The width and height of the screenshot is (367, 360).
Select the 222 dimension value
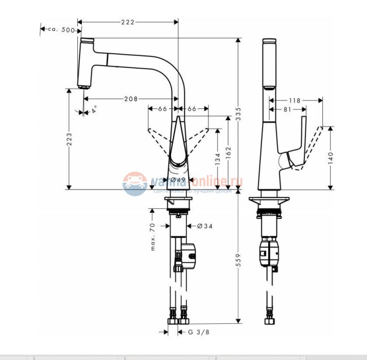click(x=128, y=21)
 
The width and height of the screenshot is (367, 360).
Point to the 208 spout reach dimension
click(x=131, y=99)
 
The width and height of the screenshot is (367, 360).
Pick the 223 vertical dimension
click(x=69, y=144)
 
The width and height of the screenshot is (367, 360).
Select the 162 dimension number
click(x=228, y=152)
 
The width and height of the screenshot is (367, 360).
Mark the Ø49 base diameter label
click(x=178, y=180)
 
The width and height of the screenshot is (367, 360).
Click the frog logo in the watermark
click(x=135, y=183)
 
